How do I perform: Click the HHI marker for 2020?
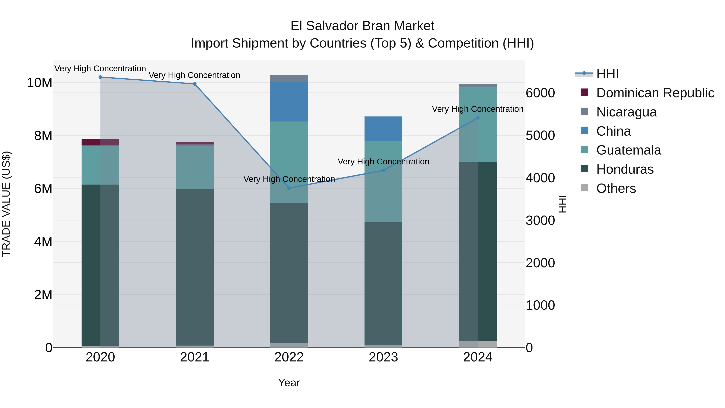click(x=100, y=77)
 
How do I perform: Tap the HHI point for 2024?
click(x=478, y=118)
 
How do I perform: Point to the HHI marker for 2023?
click(x=383, y=170)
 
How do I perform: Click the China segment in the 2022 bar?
click(x=289, y=101)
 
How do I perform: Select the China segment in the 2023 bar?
click(x=383, y=129)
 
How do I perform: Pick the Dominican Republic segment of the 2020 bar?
click(x=100, y=142)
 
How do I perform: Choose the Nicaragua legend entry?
click(x=626, y=112)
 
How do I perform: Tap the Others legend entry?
click(x=616, y=188)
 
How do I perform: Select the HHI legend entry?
click(x=607, y=74)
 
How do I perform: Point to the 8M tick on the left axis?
click(x=43, y=136)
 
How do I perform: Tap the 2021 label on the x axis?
click(x=195, y=357)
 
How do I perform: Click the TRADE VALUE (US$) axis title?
click(x=6, y=204)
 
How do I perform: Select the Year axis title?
click(x=289, y=383)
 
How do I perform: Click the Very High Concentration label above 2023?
click(x=383, y=162)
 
